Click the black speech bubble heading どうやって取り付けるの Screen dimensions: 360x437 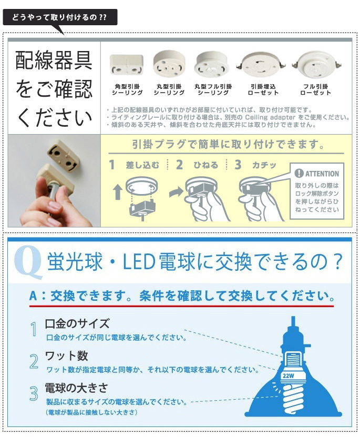[60, 17]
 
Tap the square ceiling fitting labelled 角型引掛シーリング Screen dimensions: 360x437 [127, 65]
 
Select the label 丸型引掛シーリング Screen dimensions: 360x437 [169, 90]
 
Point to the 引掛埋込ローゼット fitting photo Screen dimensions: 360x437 [261, 65]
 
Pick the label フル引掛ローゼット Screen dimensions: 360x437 [316, 90]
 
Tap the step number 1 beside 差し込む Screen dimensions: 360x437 [112, 165]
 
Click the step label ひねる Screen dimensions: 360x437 [206, 165]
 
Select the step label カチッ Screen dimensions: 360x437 [264, 165]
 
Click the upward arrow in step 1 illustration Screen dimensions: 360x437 [118, 192]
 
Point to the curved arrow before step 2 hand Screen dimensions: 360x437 [176, 192]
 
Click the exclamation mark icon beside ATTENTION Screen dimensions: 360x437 [299, 174]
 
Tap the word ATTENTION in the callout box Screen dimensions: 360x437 [322, 174]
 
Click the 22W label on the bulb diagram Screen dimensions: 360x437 [289, 375]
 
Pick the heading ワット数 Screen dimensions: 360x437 [67, 355]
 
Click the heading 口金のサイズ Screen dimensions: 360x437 [77, 323]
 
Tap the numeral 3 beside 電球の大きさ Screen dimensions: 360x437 [34, 393]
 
